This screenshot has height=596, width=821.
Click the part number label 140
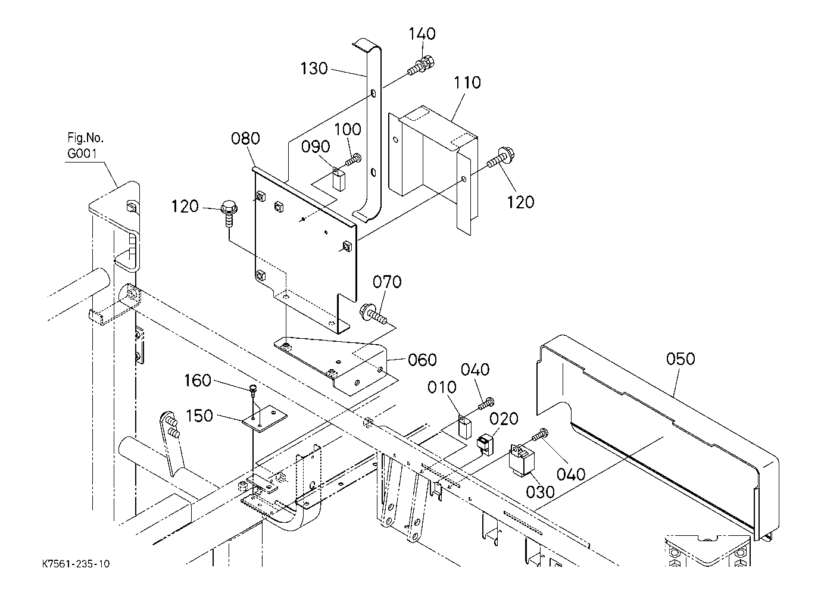coord(422,34)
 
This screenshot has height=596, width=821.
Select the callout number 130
coord(314,68)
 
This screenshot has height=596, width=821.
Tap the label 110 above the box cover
coord(467,83)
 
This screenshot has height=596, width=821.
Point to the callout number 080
coord(245,139)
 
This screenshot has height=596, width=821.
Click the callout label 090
coord(316,146)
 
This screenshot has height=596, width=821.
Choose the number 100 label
coord(348,129)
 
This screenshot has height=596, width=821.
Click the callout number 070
coord(388,282)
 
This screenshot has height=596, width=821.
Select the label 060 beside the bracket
coord(422,360)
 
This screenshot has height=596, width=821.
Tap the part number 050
coord(680,359)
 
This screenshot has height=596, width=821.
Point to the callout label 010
coord(442,388)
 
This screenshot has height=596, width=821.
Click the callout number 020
coord(504,419)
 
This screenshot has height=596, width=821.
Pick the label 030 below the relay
coord(540,492)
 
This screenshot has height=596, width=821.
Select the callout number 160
coord(198,380)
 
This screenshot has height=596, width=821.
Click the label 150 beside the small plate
coord(199,416)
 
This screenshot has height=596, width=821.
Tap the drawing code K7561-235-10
coord(76,564)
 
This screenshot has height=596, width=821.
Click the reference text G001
coord(83,154)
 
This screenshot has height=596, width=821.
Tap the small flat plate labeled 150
coord(264,419)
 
